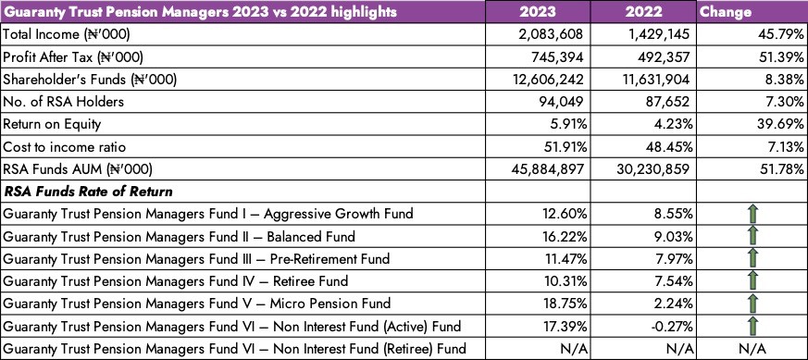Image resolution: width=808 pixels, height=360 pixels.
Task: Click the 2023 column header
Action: click(538, 11)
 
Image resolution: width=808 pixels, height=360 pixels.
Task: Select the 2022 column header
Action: click(643, 11)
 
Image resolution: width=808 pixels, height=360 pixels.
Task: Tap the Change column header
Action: click(726, 12)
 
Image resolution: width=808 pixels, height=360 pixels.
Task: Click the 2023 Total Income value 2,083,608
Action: click(552, 34)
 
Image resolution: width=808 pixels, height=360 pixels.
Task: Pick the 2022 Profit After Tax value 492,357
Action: click(664, 56)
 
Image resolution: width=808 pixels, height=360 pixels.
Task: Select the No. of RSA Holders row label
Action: click(63, 102)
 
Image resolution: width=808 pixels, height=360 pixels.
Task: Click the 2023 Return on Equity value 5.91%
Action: click(566, 124)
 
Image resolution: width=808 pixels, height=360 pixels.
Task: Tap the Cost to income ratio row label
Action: click(65, 147)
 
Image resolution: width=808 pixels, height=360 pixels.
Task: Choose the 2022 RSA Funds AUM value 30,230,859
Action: click(653, 169)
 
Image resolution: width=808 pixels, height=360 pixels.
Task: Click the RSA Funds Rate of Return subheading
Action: click(88, 192)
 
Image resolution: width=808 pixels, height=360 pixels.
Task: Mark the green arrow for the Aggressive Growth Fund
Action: click(753, 213)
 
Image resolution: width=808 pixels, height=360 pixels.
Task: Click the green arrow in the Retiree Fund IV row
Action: click(753, 281)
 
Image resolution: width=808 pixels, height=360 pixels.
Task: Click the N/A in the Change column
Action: click(752, 349)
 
